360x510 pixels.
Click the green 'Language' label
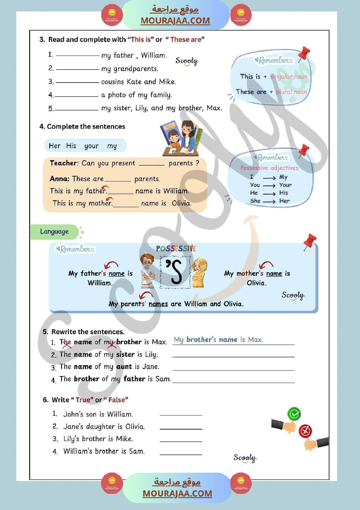click(x=55, y=232)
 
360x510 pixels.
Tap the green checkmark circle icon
click(x=295, y=414)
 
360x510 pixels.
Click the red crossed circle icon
click(x=305, y=431)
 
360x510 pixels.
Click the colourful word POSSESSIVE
click(x=176, y=248)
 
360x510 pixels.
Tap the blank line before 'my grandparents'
click(x=78, y=69)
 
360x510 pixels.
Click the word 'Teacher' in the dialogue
click(x=64, y=163)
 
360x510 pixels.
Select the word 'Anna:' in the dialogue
click(x=60, y=179)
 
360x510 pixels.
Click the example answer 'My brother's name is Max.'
click(x=218, y=339)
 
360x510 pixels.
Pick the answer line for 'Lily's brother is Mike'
click(x=181, y=441)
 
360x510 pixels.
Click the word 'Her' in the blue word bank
click(x=55, y=146)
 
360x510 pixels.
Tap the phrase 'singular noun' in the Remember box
click(x=288, y=76)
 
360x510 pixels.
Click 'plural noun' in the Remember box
click(x=291, y=92)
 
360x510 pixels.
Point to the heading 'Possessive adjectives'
click(x=269, y=168)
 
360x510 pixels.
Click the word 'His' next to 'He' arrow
click(x=284, y=193)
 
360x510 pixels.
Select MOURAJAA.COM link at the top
click(x=175, y=21)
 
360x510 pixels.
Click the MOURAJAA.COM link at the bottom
click(x=177, y=493)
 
